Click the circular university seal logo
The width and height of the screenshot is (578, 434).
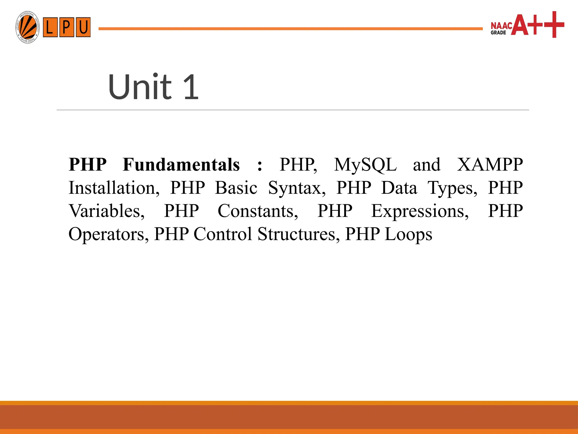point(27,27)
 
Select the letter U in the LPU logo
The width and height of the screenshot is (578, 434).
point(83,27)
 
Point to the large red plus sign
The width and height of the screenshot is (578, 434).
point(554,25)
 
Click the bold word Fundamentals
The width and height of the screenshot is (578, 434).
point(181,165)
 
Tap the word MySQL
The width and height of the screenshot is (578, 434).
point(365,165)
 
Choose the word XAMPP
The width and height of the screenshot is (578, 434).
point(490,165)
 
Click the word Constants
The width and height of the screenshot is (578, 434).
point(258,211)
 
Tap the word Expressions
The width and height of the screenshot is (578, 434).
point(420,212)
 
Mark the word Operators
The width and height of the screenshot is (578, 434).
point(109,235)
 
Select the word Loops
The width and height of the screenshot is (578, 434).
point(408,235)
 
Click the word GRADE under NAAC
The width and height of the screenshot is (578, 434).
point(498,33)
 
